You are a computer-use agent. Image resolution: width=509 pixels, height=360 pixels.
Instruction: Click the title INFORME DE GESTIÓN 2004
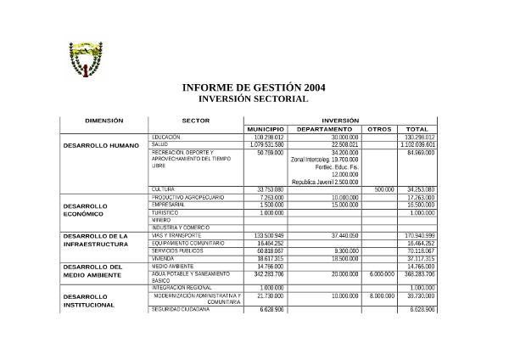tap(253, 88)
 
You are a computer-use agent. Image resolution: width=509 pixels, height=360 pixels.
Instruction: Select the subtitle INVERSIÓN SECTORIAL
tap(253, 99)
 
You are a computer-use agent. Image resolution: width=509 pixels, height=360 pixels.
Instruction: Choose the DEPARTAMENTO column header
tap(324, 129)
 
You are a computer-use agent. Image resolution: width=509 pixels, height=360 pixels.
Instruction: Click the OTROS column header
tap(376, 129)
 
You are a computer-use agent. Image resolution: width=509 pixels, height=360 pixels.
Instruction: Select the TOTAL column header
tap(417, 129)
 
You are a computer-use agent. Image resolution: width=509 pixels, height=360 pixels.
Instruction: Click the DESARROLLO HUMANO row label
tap(101, 145)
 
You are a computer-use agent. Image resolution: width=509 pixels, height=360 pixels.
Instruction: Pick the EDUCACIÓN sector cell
tap(166, 137)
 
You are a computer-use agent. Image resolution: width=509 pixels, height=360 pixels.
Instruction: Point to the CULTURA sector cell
tap(163, 188)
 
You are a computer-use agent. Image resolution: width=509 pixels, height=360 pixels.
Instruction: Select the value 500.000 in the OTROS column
tap(384, 188)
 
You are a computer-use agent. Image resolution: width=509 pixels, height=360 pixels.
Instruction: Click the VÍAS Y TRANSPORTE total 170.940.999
tap(419, 235)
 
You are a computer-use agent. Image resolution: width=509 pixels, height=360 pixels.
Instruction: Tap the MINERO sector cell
tap(161, 220)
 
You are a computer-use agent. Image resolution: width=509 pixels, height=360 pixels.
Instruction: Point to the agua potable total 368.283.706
tap(417, 273)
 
